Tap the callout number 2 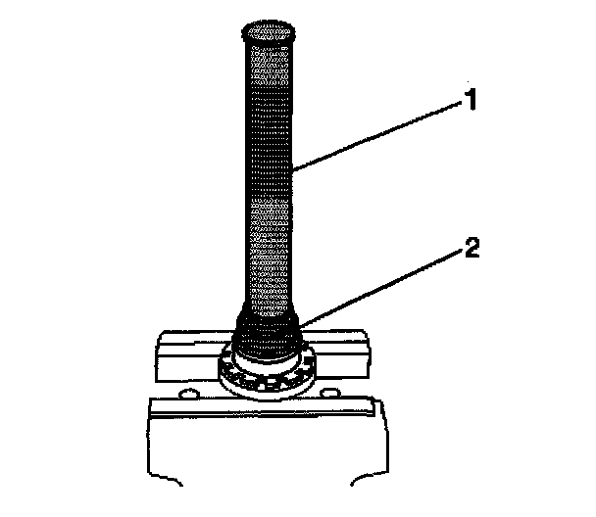pos(472,249)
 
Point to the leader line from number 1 pos(382,136)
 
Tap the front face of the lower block pos(265,450)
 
